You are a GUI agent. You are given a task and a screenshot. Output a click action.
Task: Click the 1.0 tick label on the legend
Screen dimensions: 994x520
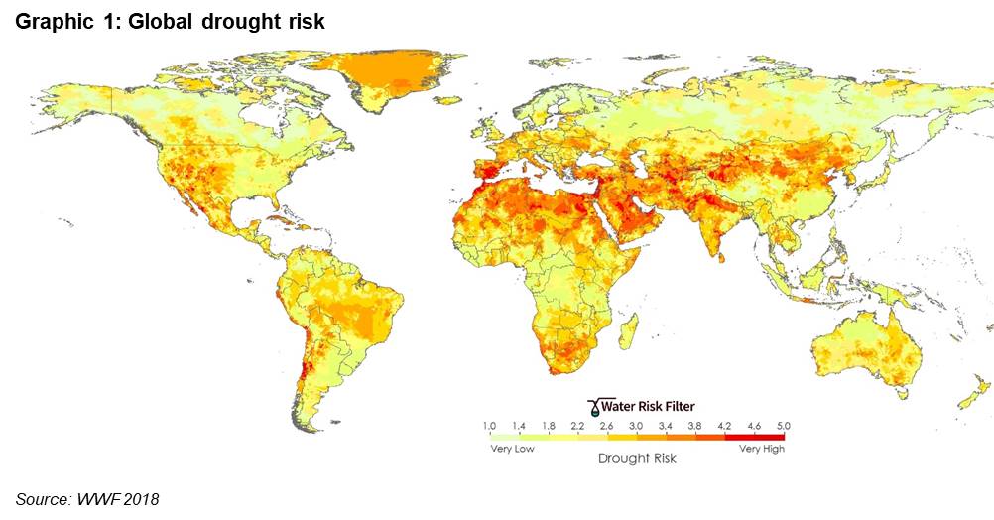[x=489, y=426]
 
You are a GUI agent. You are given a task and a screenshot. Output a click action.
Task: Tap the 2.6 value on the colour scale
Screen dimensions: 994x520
[x=607, y=426]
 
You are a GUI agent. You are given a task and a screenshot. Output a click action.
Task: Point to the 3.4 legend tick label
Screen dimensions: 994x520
[x=665, y=426]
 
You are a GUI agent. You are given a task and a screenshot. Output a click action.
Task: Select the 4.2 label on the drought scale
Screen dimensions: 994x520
[x=724, y=426]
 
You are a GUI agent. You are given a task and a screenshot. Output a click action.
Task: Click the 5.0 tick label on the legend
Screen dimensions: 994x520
[x=784, y=426]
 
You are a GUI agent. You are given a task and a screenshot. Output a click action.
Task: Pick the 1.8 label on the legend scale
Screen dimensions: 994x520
[x=549, y=426]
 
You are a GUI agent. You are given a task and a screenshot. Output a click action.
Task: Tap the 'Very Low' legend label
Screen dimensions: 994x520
[x=512, y=449]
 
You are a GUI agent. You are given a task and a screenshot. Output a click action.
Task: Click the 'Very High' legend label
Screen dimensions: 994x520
[x=761, y=449]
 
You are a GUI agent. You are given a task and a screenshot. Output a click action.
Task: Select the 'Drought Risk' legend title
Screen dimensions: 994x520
[x=637, y=458]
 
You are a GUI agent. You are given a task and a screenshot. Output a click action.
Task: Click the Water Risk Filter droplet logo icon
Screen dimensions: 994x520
[x=594, y=407]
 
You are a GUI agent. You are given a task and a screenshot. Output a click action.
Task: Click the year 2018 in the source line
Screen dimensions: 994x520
[x=142, y=500]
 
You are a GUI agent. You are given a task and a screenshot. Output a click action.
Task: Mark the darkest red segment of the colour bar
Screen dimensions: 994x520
[x=755, y=437]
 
